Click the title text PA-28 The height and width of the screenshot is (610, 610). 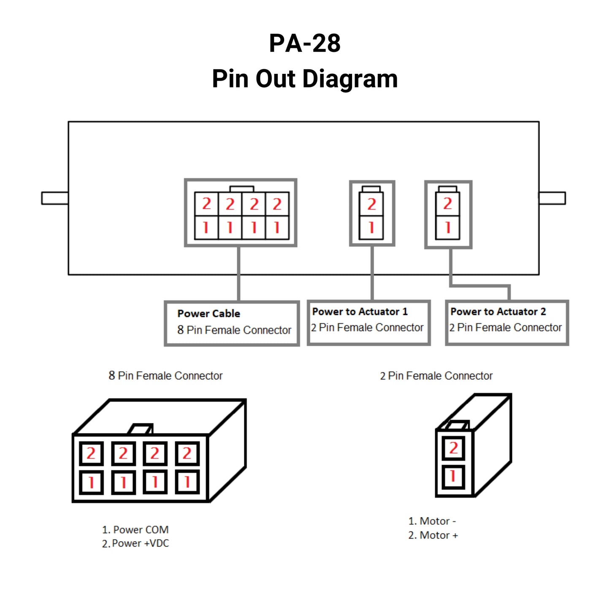[x=305, y=43]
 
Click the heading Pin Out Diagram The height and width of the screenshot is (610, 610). [x=305, y=79]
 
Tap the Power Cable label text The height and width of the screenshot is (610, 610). [x=209, y=314]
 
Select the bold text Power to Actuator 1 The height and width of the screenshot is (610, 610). [x=360, y=312]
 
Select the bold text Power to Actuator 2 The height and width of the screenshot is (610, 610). [x=498, y=312]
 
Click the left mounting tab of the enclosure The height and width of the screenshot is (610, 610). [x=55, y=198]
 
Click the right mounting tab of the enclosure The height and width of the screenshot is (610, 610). [x=552, y=198]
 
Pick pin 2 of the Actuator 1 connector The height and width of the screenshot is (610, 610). [x=371, y=204]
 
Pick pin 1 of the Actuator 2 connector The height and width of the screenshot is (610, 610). [x=448, y=228]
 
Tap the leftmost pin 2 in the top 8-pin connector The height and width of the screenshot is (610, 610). [x=206, y=204]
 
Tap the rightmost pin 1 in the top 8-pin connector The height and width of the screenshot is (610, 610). [x=277, y=228]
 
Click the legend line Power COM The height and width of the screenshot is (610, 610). [x=135, y=530]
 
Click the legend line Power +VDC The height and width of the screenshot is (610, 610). [x=135, y=543]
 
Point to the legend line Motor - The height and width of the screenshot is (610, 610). [x=432, y=521]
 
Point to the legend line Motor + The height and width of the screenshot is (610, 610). [x=433, y=535]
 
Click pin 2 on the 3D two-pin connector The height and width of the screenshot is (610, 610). [x=453, y=448]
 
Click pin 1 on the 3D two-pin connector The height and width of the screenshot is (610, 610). [x=453, y=477]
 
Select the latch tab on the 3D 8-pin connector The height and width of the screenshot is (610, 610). [x=141, y=429]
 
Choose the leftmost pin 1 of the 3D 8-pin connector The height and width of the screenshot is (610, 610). [x=91, y=482]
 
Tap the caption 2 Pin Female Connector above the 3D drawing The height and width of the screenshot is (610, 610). [x=436, y=376]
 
